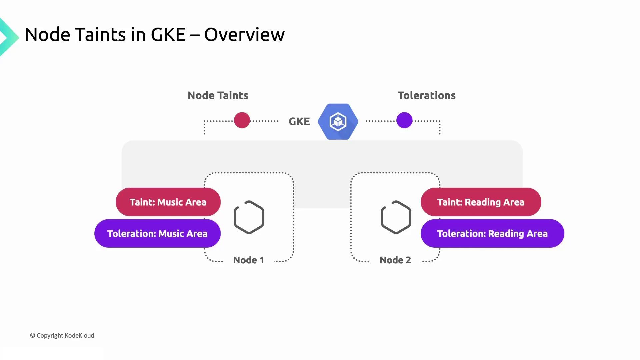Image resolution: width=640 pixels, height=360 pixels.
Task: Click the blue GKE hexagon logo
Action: tap(338, 121)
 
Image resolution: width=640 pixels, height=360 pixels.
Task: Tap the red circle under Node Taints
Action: tap(242, 120)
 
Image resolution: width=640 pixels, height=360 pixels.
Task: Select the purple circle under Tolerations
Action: tap(404, 120)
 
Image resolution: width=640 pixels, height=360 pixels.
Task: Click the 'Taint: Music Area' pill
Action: tap(168, 202)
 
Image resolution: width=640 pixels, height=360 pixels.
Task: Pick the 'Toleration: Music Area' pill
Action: tap(157, 233)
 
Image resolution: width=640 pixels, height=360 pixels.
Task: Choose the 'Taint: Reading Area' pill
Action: tap(481, 202)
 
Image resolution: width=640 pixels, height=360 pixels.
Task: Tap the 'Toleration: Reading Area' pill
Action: tap(492, 233)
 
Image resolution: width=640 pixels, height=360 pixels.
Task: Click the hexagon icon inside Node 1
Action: tap(249, 217)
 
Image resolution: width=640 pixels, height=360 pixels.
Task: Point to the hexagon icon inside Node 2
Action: tap(396, 217)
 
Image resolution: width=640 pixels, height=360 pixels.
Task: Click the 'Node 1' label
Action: tap(248, 260)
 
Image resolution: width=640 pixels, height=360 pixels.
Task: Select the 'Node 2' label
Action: tap(395, 260)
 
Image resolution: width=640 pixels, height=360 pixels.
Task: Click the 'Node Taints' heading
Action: tap(218, 95)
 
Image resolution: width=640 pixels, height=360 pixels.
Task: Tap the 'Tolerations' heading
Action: tap(426, 95)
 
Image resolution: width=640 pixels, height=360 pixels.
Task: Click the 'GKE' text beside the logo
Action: tap(299, 121)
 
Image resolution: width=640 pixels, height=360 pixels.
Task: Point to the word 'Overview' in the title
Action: tap(244, 35)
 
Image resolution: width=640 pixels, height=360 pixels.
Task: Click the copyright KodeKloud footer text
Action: tap(62, 335)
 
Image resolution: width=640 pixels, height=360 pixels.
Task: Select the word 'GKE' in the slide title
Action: tap(168, 35)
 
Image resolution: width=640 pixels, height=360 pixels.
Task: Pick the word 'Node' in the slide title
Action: tap(47, 35)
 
